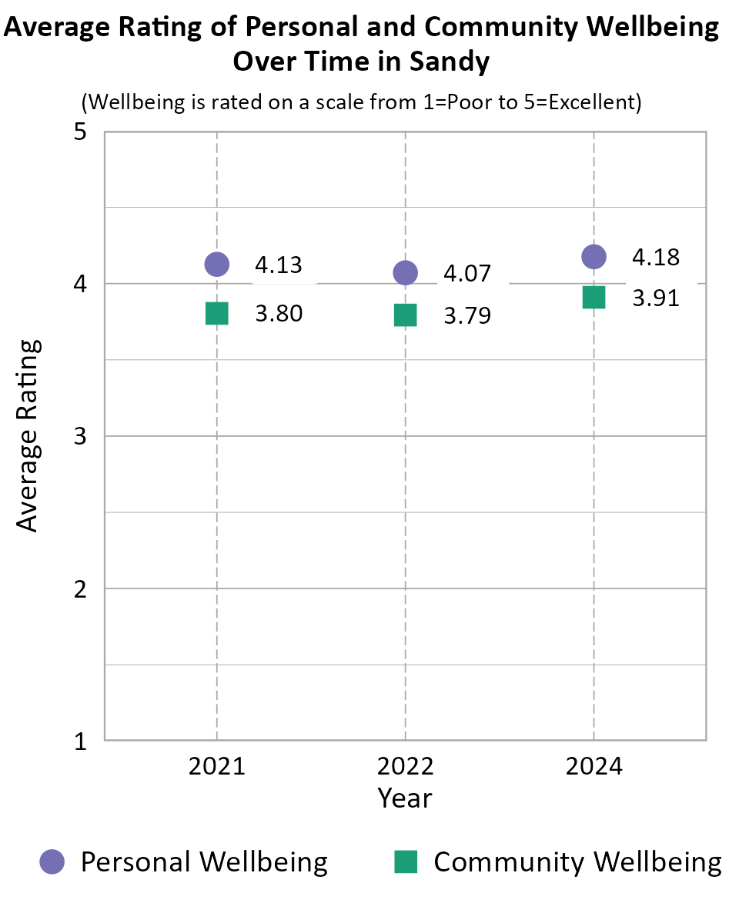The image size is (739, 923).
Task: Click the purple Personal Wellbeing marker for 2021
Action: pos(217,264)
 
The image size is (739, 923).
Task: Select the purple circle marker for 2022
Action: pos(405,272)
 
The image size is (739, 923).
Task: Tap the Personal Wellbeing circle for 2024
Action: pos(594,256)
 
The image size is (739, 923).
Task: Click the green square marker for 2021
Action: pos(217,314)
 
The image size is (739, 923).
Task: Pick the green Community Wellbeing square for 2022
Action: pos(405,315)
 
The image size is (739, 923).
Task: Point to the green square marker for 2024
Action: pos(594,297)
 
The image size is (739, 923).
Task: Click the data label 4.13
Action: pos(278,265)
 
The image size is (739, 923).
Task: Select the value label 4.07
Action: pos(466,274)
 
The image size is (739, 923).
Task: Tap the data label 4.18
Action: pos(655,257)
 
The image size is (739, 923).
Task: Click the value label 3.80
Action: pos(278,315)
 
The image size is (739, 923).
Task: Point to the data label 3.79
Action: pos(466,316)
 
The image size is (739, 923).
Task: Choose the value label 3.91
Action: pos(655,298)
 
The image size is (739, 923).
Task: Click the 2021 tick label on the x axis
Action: pos(217,767)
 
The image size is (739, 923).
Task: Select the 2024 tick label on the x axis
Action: pos(594,767)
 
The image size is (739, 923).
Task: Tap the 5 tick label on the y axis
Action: pos(79,132)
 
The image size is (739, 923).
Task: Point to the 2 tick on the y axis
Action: pos(79,589)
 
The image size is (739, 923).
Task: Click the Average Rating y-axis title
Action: pos(28,435)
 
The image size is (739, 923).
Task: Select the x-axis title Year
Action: pos(405,798)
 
